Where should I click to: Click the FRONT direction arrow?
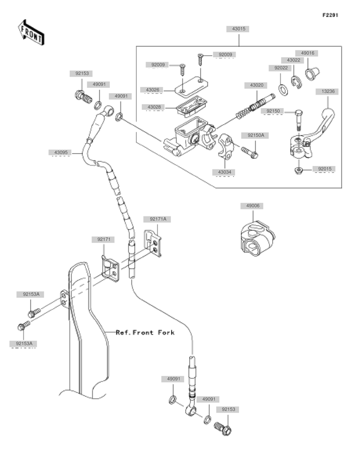coord(30,32)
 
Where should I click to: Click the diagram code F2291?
coord(330,15)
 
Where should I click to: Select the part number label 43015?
coord(239,29)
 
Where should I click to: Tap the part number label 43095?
coord(61,152)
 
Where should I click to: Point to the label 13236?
coord(328,91)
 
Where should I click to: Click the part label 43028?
coord(154,107)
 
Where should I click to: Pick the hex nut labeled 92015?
coord(298,170)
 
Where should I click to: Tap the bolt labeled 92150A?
coord(250,152)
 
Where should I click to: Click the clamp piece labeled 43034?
coord(226,146)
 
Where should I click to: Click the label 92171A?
coord(158,219)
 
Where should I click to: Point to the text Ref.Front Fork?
coord(145,332)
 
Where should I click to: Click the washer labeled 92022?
coord(283,90)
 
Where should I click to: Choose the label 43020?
coord(257,85)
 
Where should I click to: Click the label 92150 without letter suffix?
coord(273,111)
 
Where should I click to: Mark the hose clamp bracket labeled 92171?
coord(110,268)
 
